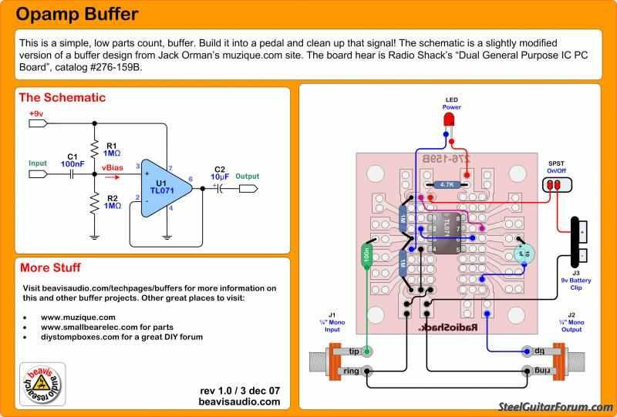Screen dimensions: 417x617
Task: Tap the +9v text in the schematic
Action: (x=35, y=114)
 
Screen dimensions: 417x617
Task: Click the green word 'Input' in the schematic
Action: (x=38, y=163)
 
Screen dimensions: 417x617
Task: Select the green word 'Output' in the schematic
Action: (x=248, y=176)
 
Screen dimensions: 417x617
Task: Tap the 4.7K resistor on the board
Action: (x=447, y=185)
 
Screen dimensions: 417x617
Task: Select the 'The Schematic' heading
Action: (x=62, y=98)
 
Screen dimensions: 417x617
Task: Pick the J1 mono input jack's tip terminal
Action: (x=367, y=351)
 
